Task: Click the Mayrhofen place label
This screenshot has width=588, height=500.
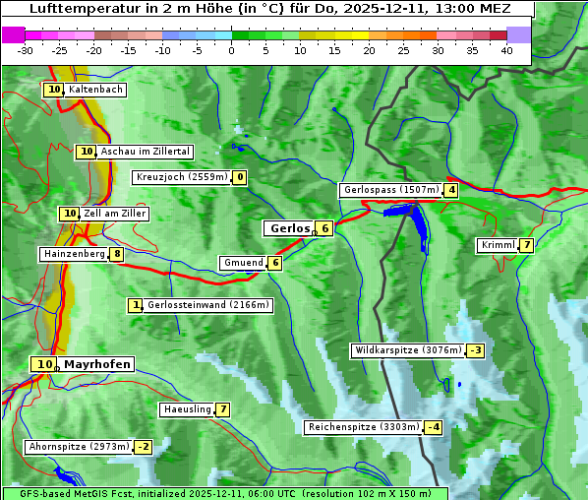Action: pyautogui.click(x=96, y=364)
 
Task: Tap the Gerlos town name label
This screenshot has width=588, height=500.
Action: pyautogui.click(x=289, y=228)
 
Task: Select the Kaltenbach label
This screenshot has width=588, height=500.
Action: pyautogui.click(x=95, y=90)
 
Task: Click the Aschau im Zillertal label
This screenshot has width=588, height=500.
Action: pyautogui.click(x=146, y=152)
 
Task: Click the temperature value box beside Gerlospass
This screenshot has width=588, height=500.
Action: pyautogui.click(x=451, y=190)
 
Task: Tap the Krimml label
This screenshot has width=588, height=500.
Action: pyautogui.click(x=498, y=245)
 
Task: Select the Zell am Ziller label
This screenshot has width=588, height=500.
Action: pyautogui.click(x=114, y=214)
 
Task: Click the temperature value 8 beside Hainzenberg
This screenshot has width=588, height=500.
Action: pyautogui.click(x=117, y=254)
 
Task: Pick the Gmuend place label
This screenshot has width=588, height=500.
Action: pyautogui.click(x=243, y=263)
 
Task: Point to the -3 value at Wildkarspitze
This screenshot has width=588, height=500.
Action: pyautogui.click(x=476, y=350)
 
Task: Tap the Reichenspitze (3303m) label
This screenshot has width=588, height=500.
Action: pyautogui.click(x=363, y=427)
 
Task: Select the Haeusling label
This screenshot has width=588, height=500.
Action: pyautogui.click(x=186, y=409)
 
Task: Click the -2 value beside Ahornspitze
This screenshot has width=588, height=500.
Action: pyautogui.click(x=143, y=447)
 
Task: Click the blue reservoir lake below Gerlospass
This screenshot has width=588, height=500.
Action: pyautogui.click(x=416, y=222)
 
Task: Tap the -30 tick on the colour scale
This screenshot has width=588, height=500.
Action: pyautogui.click(x=26, y=50)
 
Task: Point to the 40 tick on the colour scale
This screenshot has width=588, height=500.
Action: pyautogui.click(x=506, y=50)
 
